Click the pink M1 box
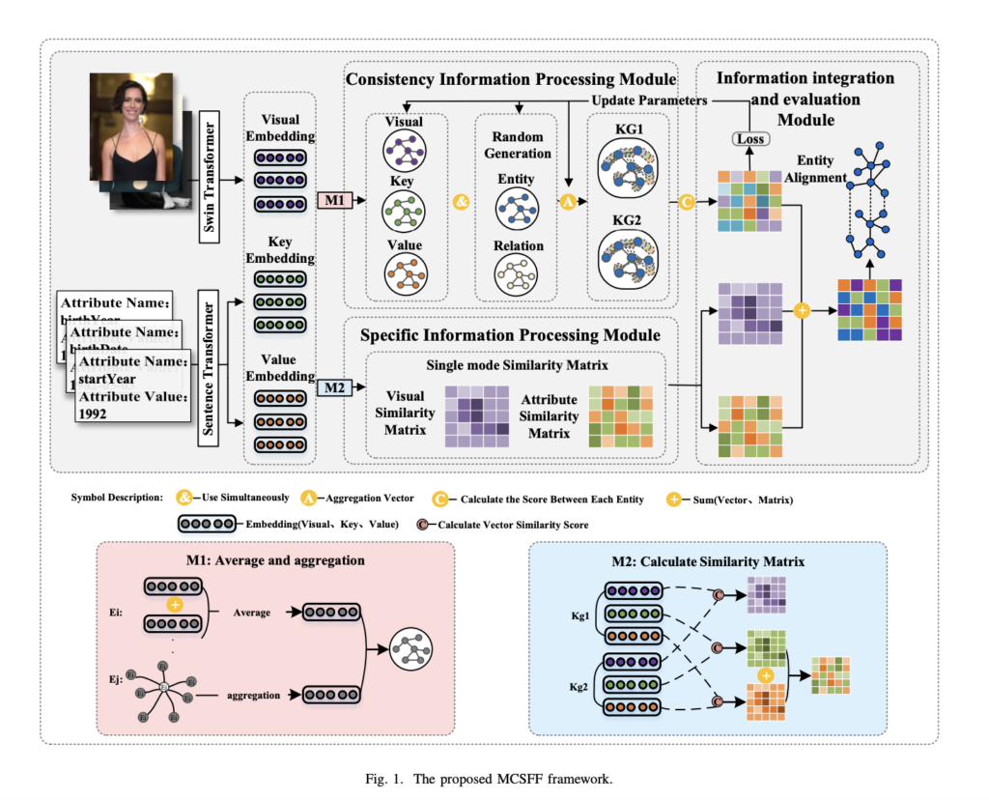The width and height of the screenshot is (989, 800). (333, 200)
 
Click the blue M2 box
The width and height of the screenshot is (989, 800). (333, 388)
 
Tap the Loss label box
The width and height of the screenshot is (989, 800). (749, 138)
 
